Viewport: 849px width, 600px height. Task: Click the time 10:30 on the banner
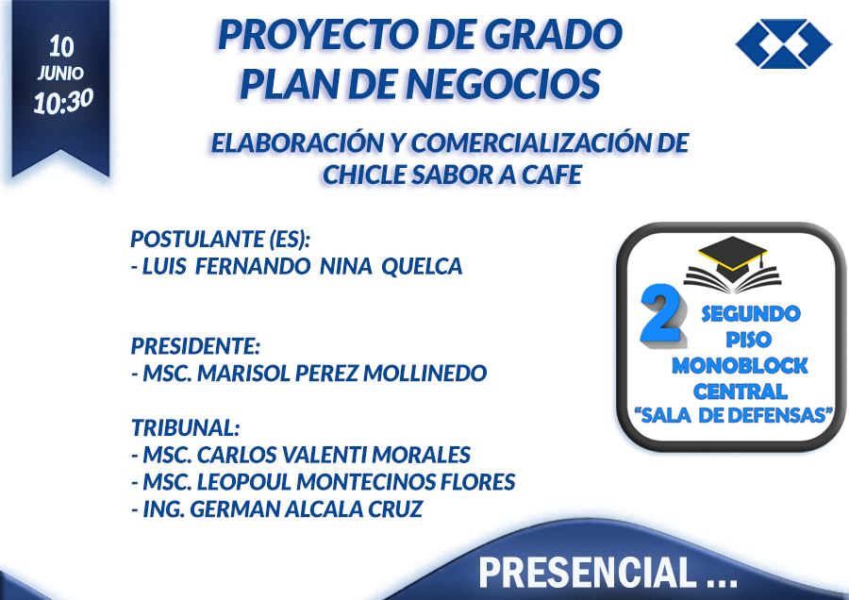[63, 101]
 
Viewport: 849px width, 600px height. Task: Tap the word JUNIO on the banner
[60, 73]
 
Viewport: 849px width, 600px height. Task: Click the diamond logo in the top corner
[784, 43]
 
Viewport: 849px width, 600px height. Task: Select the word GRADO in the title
[552, 35]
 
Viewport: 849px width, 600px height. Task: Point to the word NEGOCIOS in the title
[503, 84]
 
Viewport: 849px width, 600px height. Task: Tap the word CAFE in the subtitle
[551, 175]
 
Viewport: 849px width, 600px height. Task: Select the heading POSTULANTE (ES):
[221, 239]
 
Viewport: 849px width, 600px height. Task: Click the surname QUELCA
[422, 266]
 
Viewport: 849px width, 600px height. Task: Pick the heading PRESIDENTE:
[195, 346]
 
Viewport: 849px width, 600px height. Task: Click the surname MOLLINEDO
[425, 373]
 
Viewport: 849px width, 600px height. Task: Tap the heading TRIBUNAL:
[185, 427]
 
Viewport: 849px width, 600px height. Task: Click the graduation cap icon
[733, 265]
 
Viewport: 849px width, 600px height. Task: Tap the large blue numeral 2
[661, 314]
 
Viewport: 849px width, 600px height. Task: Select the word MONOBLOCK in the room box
[740, 366]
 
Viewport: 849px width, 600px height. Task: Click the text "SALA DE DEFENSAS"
[734, 415]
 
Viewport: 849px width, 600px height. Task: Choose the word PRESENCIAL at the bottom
[588, 573]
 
